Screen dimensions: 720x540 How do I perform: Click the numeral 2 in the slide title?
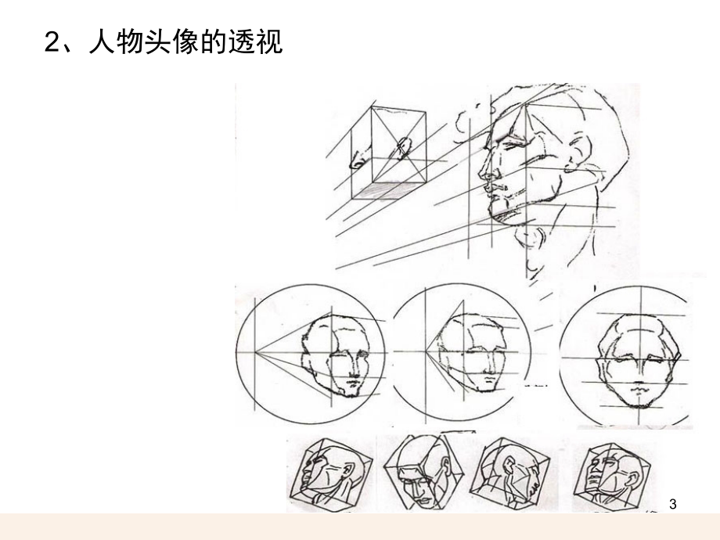coord(54,41)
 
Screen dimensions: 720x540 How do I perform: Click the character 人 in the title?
coord(103,41)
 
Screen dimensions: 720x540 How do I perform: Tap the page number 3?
coord(673,504)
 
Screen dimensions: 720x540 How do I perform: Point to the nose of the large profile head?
coord(485,169)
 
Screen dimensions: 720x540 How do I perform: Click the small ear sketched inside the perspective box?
coord(403,147)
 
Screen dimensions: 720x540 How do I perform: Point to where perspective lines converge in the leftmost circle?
coord(255,352)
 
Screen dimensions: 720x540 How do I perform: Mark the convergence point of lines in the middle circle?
coord(426,351)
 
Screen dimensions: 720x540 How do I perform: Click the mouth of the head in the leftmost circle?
coord(353,381)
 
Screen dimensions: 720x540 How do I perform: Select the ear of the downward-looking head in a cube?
coord(445,465)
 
